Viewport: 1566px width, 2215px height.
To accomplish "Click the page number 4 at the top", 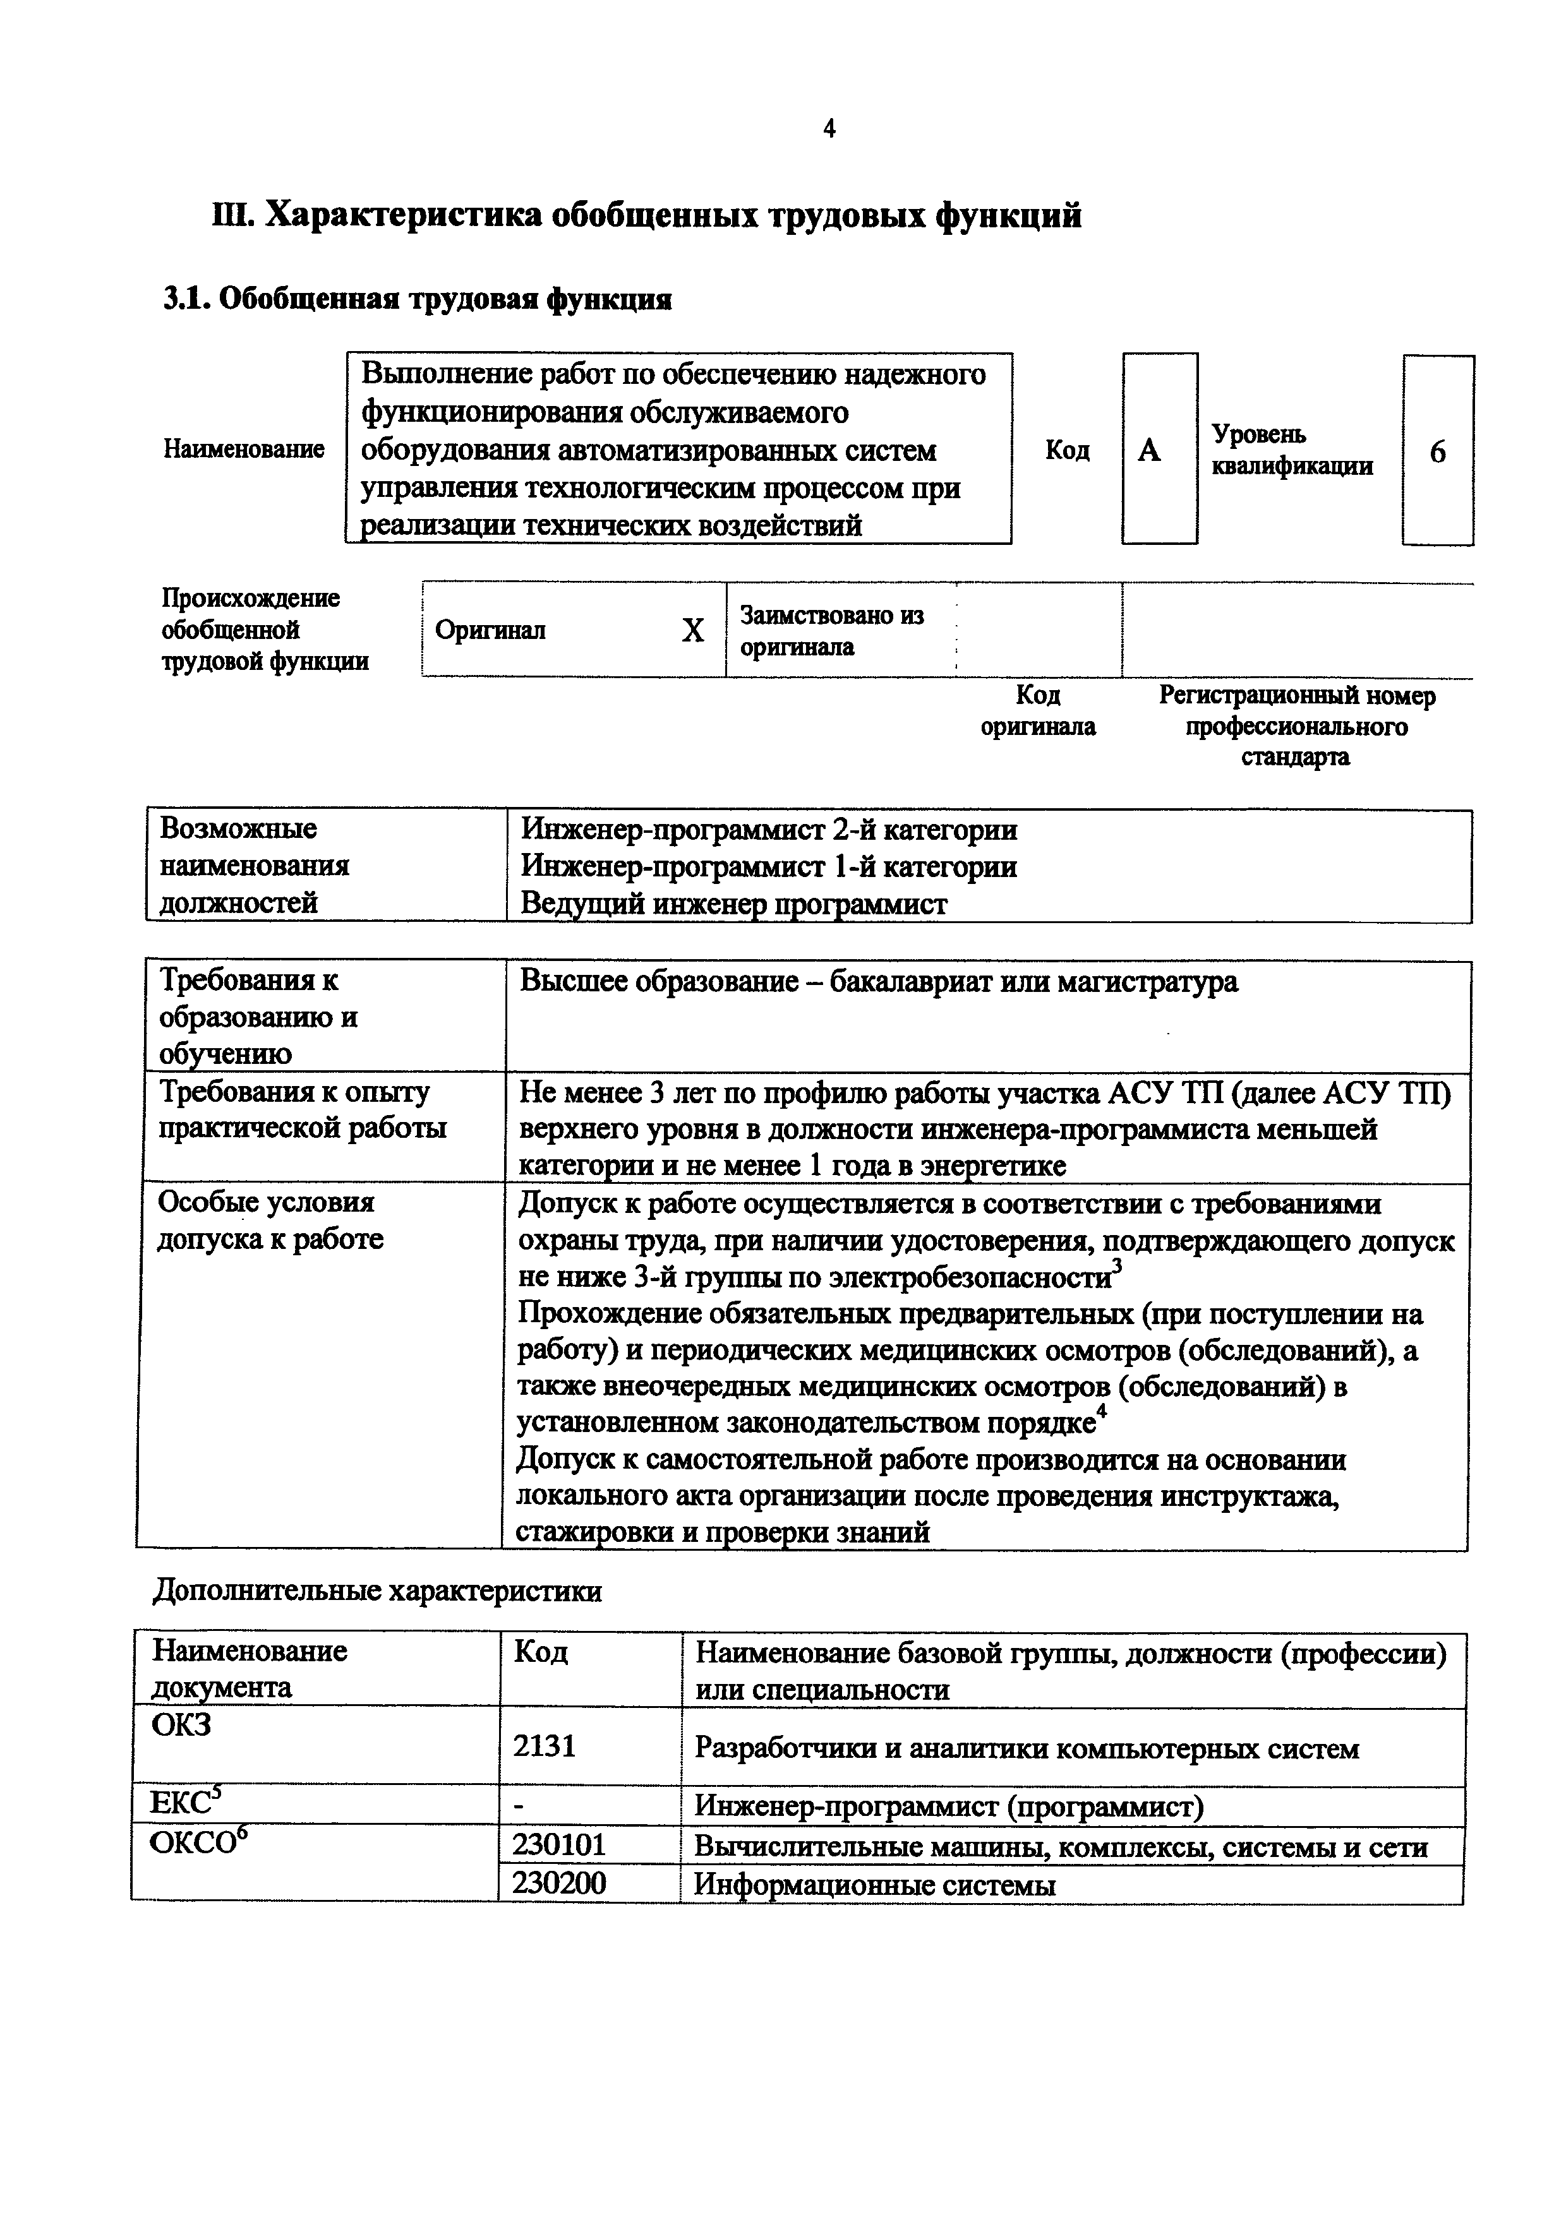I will pyautogui.click(x=829, y=128).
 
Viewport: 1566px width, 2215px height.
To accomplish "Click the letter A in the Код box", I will pyautogui.click(x=1149, y=451).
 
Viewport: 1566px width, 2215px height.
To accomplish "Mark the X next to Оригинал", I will pyautogui.click(x=692, y=631).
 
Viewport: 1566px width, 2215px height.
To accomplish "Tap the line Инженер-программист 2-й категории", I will pyautogui.click(x=768, y=830).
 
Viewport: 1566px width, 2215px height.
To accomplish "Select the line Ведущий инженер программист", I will pyautogui.click(x=733, y=904).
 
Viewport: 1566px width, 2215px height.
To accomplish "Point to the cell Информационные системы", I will pyautogui.click(x=874, y=1884).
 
